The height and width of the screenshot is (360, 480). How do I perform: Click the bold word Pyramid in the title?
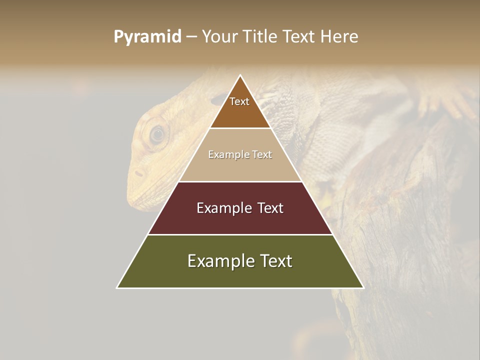147,37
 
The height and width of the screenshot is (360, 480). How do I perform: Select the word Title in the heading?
260,37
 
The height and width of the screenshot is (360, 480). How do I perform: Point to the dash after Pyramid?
191,37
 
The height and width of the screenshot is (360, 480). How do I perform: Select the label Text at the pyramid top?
239,101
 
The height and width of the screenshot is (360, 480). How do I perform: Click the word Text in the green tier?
275,261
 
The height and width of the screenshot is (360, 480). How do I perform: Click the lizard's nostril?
138,173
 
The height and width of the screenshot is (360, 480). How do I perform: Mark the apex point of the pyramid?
240,75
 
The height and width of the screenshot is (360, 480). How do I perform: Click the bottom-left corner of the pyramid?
117,288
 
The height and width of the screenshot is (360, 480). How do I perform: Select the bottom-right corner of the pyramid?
363,288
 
